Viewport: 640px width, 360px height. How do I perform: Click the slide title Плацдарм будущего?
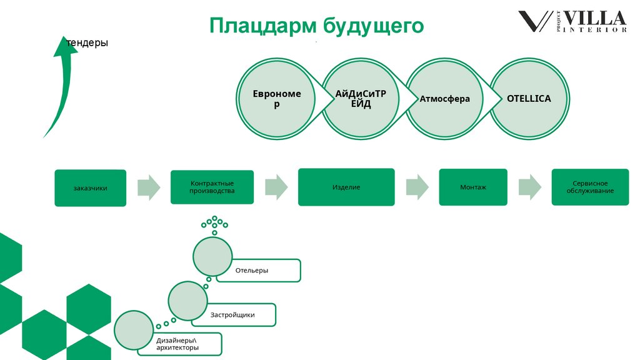pos(316,26)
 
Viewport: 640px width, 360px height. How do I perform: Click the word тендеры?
pos(87,42)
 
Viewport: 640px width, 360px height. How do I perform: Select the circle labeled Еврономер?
pos(277,99)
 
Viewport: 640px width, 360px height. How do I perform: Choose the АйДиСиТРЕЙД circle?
pos(361,99)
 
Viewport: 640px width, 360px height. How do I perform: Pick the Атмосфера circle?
pos(445,99)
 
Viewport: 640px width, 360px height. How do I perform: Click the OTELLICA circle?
pos(529,99)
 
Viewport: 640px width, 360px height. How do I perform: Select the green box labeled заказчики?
pos(90,187)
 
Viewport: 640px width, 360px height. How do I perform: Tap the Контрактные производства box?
pos(212,187)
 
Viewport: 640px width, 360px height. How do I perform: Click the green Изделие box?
pos(346,187)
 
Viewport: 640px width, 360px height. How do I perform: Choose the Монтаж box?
pos(473,187)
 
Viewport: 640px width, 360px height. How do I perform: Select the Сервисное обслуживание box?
pos(589,187)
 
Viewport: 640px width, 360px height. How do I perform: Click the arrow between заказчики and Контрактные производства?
pos(149,187)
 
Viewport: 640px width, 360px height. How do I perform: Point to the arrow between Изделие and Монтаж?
pos(417,187)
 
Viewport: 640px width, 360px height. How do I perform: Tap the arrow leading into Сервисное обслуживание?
pos(529,187)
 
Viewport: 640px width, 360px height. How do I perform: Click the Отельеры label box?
pos(262,271)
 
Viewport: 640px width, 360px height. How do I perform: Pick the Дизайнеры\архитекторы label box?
pos(181,344)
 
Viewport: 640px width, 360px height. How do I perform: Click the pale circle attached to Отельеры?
pos(212,257)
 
